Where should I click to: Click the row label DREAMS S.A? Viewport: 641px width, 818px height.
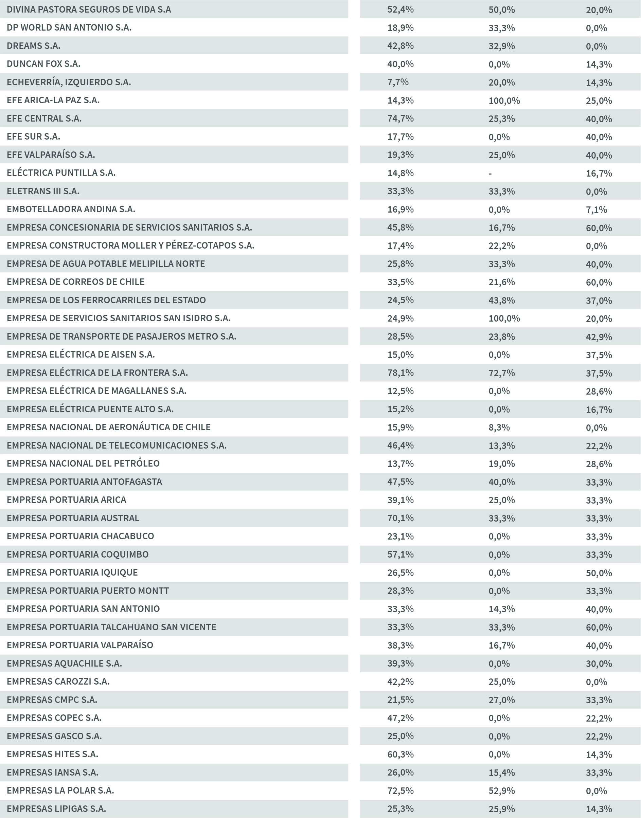pyautogui.click(x=33, y=46)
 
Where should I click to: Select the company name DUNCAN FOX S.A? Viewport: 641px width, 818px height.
pyautogui.click(x=43, y=64)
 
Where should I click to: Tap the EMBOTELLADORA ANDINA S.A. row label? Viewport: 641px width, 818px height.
pyautogui.click(x=71, y=209)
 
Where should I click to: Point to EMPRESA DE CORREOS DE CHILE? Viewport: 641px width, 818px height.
pyautogui.click(x=75, y=282)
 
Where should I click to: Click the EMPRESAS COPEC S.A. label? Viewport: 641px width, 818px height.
pyautogui.click(x=54, y=718)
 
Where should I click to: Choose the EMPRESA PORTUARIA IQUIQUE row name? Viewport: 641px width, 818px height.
pyautogui.click(x=72, y=572)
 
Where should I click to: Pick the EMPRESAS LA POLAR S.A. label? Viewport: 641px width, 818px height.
pyautogui.click(x=60, y=790)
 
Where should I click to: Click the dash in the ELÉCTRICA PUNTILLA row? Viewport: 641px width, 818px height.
pyautogui.click(x=490, y=173)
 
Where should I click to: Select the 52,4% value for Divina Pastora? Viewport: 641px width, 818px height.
pyautogui.click(x=400, y=10)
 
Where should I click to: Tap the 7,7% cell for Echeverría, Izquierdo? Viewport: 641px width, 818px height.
pyautogui.click(x=398, y=82)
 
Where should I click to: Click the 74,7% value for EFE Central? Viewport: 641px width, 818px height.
pyautogui.click(x=400, y=119)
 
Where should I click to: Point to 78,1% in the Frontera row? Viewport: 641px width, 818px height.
pyautogui.click(x=400, y=373)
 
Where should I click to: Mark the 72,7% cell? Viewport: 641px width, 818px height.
pyautogui.click(x=501, y=373)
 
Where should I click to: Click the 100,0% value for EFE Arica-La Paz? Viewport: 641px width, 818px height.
pyautogui.click(x=504, y=101)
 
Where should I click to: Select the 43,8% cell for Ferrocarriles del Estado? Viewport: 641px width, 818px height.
pyautogui.click(x=501, y=301)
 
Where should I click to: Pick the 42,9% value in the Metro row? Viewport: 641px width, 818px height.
pyautogui.click(x=599, y=337)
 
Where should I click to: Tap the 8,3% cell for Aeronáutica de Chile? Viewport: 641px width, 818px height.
pyautogui.click(x=499, y=427)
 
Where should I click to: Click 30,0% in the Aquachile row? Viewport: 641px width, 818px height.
pyautogui.click(x=599, y=664)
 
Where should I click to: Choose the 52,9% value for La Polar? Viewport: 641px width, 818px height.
pyautogui.click(x=501, y=790)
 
